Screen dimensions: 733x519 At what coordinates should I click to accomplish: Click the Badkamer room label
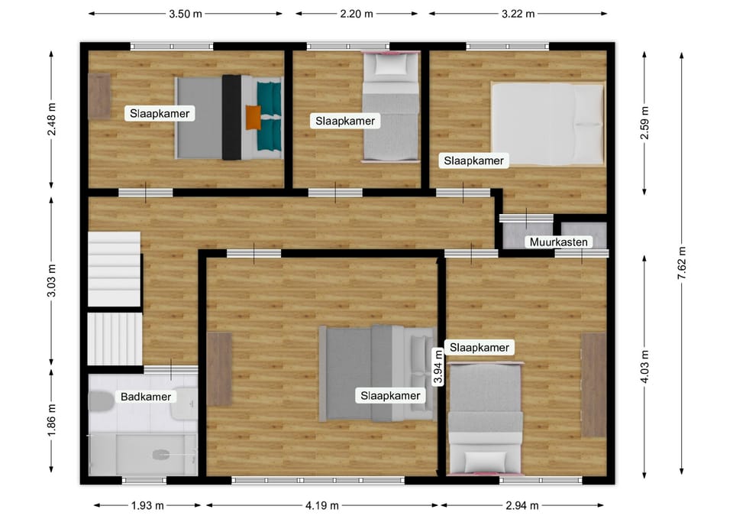click(145, 397)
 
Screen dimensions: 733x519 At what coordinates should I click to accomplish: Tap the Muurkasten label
click(558, 242)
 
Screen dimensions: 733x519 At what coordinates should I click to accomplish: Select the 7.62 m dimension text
click(682, 263)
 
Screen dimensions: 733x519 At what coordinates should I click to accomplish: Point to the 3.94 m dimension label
click(438, 367)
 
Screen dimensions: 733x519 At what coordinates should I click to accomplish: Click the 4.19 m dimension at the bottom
click(321, 505)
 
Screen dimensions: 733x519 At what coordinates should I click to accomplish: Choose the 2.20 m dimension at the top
click(357, 14)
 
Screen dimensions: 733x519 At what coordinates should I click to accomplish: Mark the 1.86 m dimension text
click(52, 420)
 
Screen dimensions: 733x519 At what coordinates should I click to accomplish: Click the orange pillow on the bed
click(253, 117)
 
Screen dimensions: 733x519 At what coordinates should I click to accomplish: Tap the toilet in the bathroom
click(101, 401)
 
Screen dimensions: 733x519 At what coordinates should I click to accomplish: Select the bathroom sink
click(184, 403)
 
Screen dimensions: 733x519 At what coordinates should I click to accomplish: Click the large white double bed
click(547, 125)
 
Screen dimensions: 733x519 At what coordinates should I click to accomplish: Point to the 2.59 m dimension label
click(644, 122)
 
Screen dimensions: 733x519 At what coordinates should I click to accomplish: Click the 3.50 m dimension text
click(186, 14)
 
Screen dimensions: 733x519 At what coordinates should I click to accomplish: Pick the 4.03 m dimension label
click(644, 366)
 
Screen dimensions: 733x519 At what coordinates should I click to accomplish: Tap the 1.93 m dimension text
click(147, 505)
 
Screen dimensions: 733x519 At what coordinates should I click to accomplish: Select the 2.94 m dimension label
click(521, 505)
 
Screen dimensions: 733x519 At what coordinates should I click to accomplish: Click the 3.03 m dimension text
click(52, 281)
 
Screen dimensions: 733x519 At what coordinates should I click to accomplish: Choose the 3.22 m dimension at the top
click(518, 14)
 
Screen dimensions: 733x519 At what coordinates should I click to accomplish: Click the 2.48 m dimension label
click(52, 119)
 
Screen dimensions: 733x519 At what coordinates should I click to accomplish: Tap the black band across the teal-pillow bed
click(231, 118)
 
